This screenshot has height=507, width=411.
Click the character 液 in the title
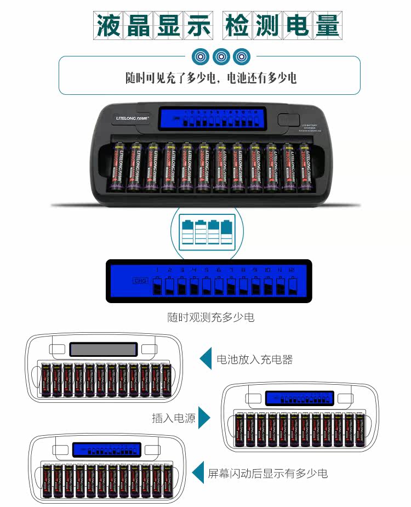click(108, 25)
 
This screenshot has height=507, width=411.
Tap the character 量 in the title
click(327, 25)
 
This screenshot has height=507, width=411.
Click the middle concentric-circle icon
click(221, 56)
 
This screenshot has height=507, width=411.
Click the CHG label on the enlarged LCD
click(140, 281)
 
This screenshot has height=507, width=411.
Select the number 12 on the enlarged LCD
click(292, 270)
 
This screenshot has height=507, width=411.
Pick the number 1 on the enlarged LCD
click(157, 270)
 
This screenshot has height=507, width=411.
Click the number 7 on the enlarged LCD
click(231, 270)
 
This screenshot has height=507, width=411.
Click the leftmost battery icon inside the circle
click(187, 232)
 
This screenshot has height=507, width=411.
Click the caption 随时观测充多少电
click(211, 317)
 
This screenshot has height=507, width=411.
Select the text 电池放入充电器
click(255, 360)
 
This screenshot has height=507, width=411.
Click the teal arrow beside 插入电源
click(204, 418)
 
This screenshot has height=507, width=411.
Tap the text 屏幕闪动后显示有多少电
click(268, 473)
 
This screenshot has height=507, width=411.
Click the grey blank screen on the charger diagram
click(103, 349)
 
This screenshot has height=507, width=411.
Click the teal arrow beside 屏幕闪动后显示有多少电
click(198, 472)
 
